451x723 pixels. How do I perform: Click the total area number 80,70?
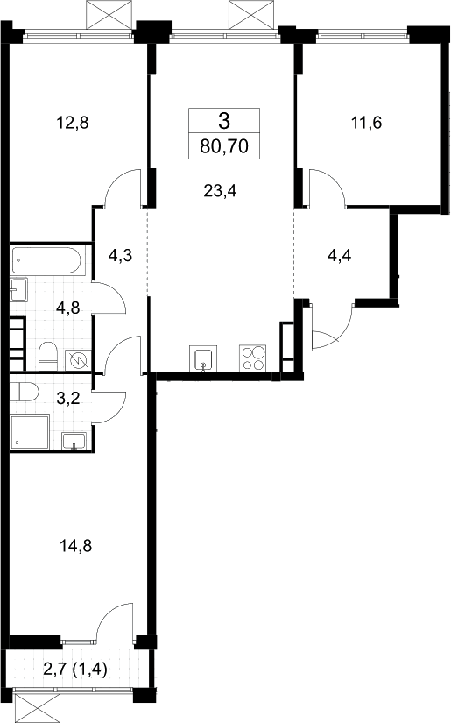tap(224, 146)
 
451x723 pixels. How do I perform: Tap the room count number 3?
tap(224, 122)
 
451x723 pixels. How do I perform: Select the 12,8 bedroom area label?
tap(72, 123)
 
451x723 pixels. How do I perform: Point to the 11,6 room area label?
tap(366, 123)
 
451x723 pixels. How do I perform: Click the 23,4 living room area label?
tap(220, 190)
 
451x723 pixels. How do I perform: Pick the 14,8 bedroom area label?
tap(75, 546)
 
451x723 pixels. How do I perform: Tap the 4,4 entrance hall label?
tap(339, 254)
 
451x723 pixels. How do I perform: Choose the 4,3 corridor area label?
tap(120, 255)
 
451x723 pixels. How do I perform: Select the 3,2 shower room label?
tap(67, 398)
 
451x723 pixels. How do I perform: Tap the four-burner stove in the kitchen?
tap(252, 358)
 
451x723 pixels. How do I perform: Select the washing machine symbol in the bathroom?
tap(78, 360)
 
